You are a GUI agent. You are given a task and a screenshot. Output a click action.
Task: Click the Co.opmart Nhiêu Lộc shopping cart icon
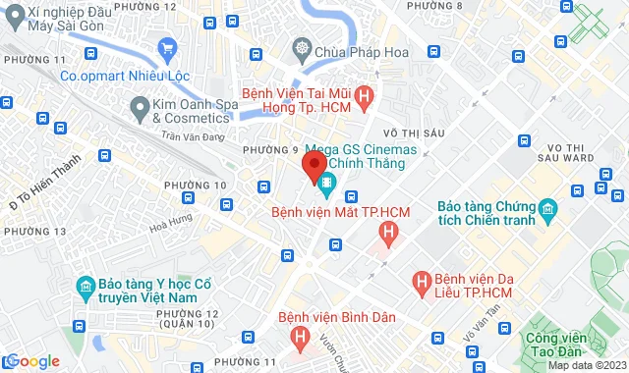pyautogui.click(x=168, y=47)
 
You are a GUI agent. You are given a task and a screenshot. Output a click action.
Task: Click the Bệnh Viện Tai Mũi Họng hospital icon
pyautogui.click(x=365, y=96)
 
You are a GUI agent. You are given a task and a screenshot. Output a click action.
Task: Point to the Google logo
pyautogui.click(x=31, y=361)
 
